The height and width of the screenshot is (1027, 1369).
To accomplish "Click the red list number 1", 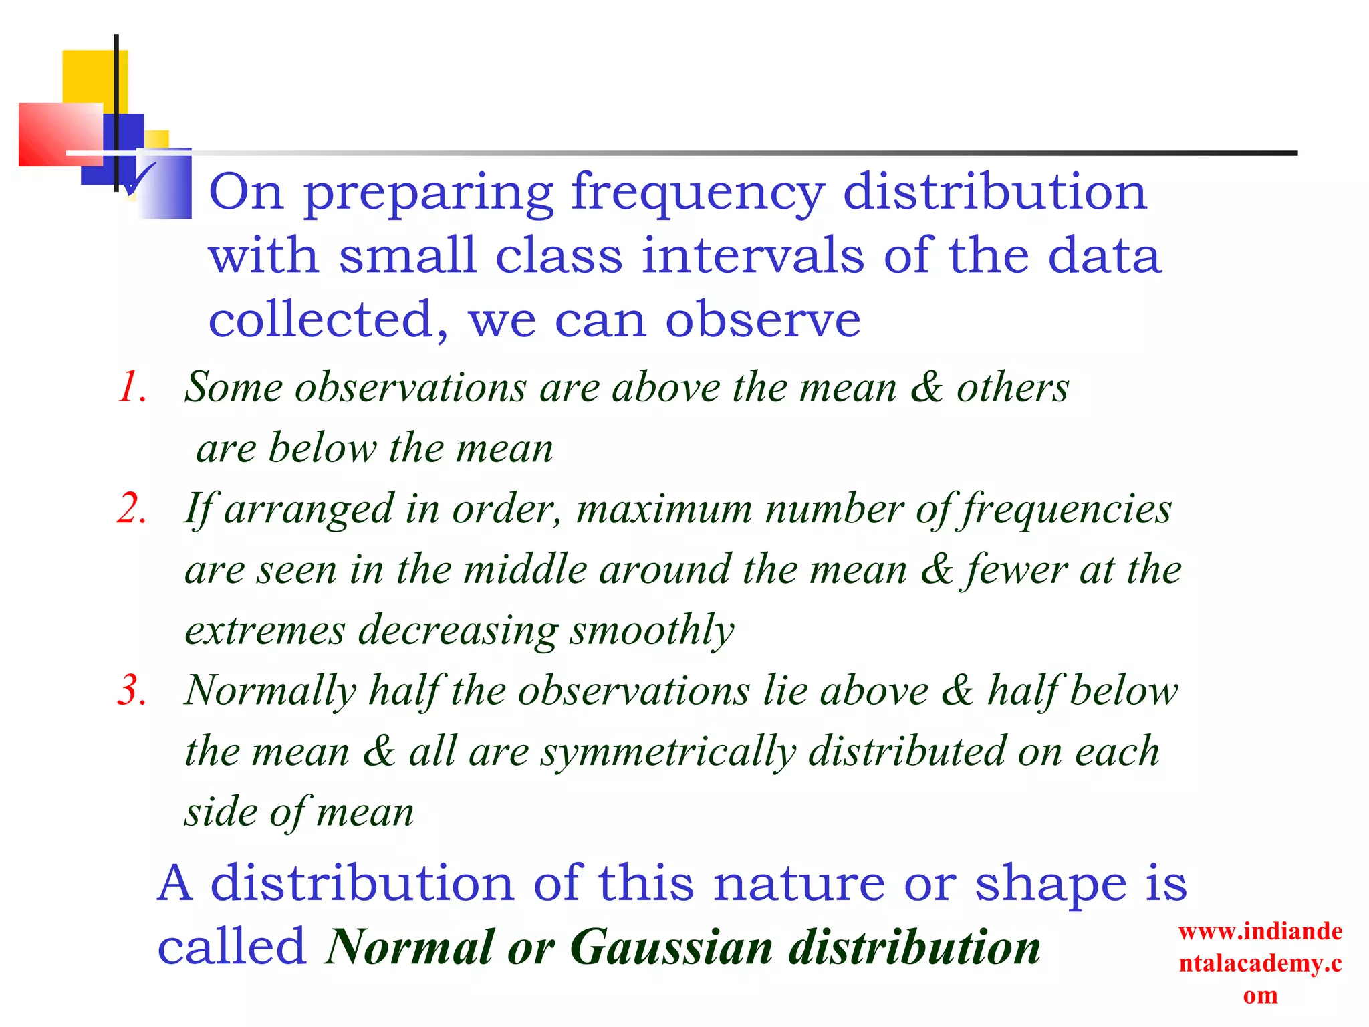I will (x=131, y=388).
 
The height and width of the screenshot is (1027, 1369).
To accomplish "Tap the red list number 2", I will (x=131, y=509).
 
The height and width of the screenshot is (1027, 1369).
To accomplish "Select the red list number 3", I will (x=131, y=691).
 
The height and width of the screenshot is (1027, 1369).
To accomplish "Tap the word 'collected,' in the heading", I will (x=328, y=320).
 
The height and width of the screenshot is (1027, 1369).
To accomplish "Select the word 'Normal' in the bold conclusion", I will (x=410, y=948).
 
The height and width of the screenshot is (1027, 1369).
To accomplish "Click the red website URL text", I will (x=1260, y=963).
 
